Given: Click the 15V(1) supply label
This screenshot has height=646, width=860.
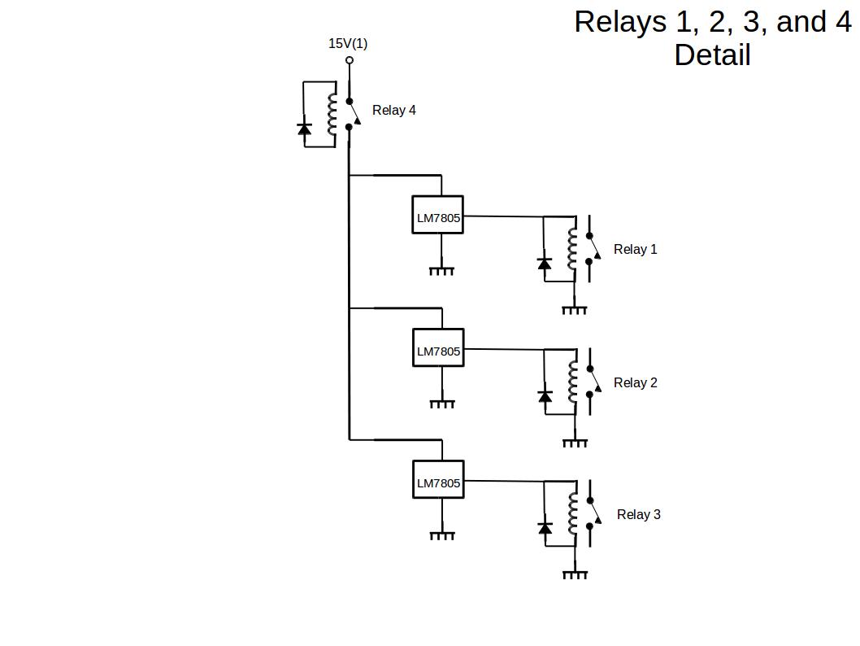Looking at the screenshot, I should (348, 43).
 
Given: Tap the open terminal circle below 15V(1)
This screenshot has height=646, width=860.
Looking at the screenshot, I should (350, 60).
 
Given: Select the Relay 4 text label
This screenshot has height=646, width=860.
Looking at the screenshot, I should (394, 110).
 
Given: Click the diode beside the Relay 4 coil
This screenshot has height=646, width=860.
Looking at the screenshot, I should (305, 129).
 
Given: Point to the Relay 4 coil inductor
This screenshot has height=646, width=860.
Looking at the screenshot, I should (332, 115).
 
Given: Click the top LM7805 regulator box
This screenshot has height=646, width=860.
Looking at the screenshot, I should (437, 215).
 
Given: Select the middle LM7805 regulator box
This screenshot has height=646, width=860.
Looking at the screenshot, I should (438, 348).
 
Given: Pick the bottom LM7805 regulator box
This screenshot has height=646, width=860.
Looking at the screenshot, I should (438, 480).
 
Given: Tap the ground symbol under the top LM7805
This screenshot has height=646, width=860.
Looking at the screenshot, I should (441, 270).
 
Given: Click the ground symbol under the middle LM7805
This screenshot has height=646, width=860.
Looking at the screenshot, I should (441, 403).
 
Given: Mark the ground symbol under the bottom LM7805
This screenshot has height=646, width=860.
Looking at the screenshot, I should (441, 535).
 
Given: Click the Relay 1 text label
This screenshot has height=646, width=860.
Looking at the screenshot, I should (635, 249).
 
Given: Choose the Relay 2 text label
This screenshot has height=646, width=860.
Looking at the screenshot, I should (635, 382).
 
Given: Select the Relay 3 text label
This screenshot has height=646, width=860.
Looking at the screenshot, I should (638, 514).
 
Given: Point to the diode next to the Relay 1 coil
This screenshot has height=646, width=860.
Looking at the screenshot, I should (545, 264).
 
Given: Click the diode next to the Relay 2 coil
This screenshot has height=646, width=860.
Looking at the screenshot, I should (545, 396).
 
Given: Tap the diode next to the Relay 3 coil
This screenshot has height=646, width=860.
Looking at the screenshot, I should (545, 528).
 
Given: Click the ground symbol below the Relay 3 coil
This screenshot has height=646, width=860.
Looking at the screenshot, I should (575, 574).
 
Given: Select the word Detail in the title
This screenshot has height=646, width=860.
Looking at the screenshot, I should (712, 55).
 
